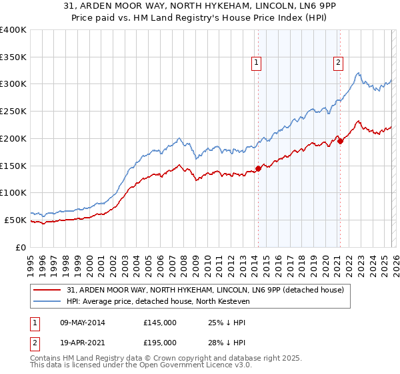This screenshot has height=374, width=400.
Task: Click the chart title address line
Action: [199, 7]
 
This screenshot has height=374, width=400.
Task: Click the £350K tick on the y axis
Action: [13, 57]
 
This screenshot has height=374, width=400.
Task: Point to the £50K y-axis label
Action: [15, 220]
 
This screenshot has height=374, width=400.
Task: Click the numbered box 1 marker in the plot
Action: [256, 63]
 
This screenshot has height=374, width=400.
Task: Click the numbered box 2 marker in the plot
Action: [338, 63]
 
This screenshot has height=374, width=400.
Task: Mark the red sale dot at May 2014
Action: [258, 168]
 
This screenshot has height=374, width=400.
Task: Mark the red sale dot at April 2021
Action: [340, 141]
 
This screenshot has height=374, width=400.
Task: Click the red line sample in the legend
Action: [49, 290]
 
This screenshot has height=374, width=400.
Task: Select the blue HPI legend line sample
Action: [49, 301]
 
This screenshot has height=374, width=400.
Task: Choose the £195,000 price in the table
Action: [159, 342]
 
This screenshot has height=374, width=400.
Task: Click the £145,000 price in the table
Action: [159, 323]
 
